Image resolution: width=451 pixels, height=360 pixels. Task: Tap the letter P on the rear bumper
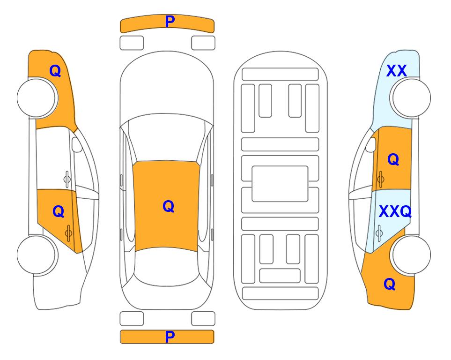click(x=170, y=337)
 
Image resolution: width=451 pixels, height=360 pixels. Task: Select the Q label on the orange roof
click(x=169, y=206)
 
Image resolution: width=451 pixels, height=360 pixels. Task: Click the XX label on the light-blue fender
click(x=397, y=71)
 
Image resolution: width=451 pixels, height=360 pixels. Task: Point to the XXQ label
click(x=395, y=211)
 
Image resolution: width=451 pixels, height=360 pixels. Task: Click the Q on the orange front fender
click(x=55, y=71)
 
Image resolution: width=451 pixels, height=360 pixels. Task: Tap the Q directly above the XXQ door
click(x=393, y=159)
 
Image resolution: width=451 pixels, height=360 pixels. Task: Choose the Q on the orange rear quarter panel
click(x=390, y=284)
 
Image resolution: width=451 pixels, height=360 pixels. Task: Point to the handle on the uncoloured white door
click(x=67, y=179)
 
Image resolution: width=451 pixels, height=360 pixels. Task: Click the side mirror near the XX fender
click(x=370, y=144)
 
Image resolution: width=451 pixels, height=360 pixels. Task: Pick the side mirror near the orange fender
click(x=76, y=144)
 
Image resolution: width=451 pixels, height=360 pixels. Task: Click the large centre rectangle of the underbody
click(x=280, y=184)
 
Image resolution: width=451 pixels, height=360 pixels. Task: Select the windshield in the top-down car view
click(x=167, y=138)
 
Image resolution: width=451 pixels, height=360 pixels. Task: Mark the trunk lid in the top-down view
click(x=167, y=297)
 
